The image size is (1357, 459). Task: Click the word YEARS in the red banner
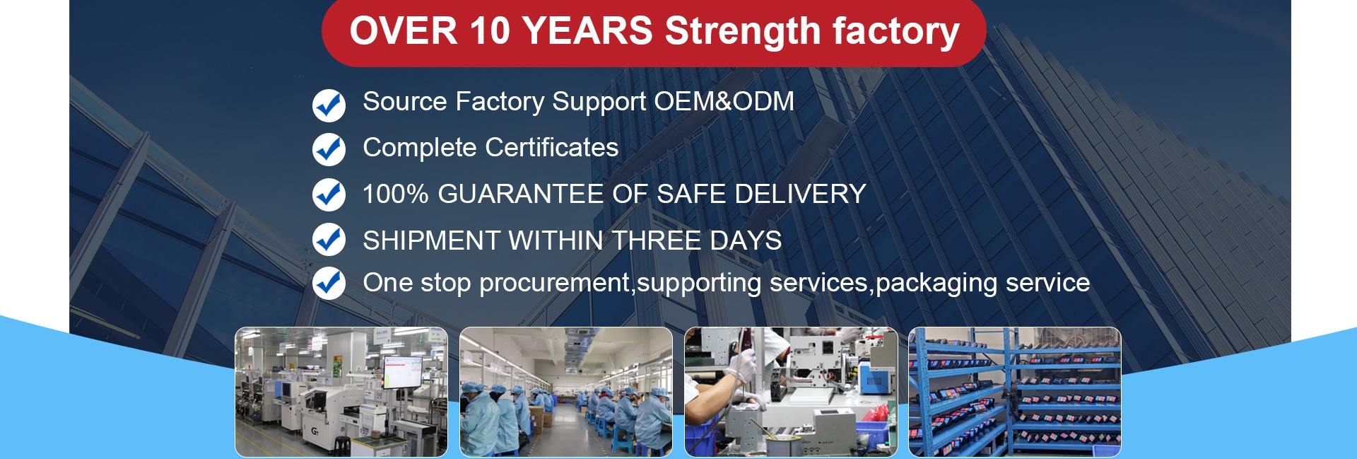click(588, 31)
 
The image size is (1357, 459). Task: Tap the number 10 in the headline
click(488, 31)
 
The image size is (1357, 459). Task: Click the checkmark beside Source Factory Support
click(329, 105)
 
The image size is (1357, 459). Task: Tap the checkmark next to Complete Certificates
click(329, 149)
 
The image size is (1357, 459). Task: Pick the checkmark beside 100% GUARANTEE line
click(329, 194)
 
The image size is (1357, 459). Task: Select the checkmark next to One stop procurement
click(329, 283)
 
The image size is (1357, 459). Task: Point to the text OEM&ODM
click(724, 101)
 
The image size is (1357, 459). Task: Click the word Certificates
click(551, 147)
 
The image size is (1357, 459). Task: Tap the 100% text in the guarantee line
click(395, 194)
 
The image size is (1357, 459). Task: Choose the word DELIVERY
click(800, 194)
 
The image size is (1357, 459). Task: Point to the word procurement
click(554, 283)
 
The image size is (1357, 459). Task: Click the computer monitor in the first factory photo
click(403, 376)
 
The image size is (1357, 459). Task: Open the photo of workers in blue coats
click(566, 392)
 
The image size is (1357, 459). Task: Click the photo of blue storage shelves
click(1015, 392)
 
